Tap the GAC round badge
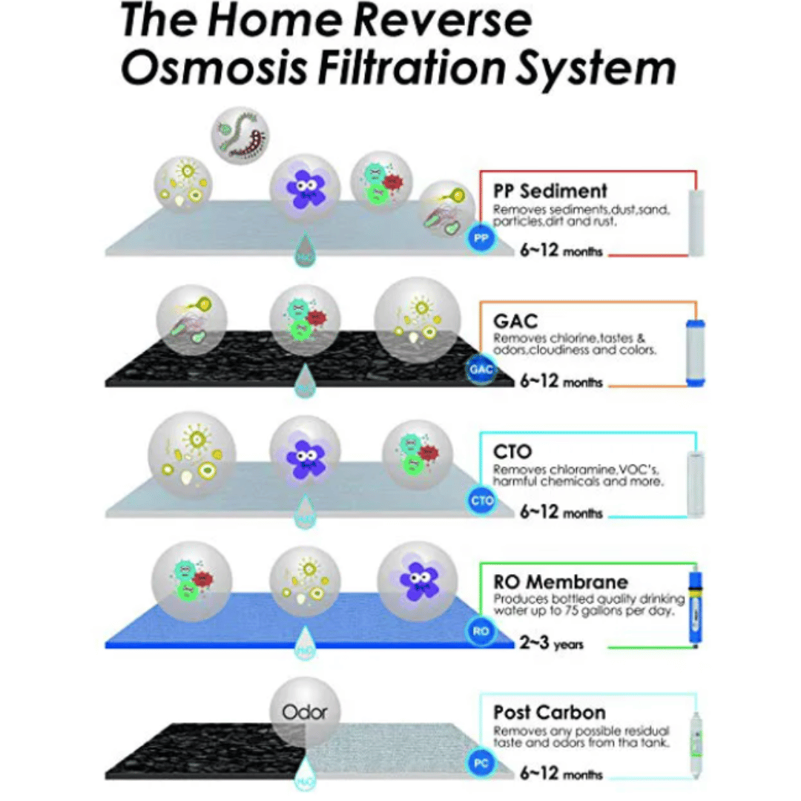[x=479, y=369]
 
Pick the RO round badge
[x=479, y=631]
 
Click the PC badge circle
[x=480, y=762]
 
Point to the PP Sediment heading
[x=550, y=191]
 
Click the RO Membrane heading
[x=560, y=581]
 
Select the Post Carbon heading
[x=549, y=713]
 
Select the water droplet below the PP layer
[x=304, y=249]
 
